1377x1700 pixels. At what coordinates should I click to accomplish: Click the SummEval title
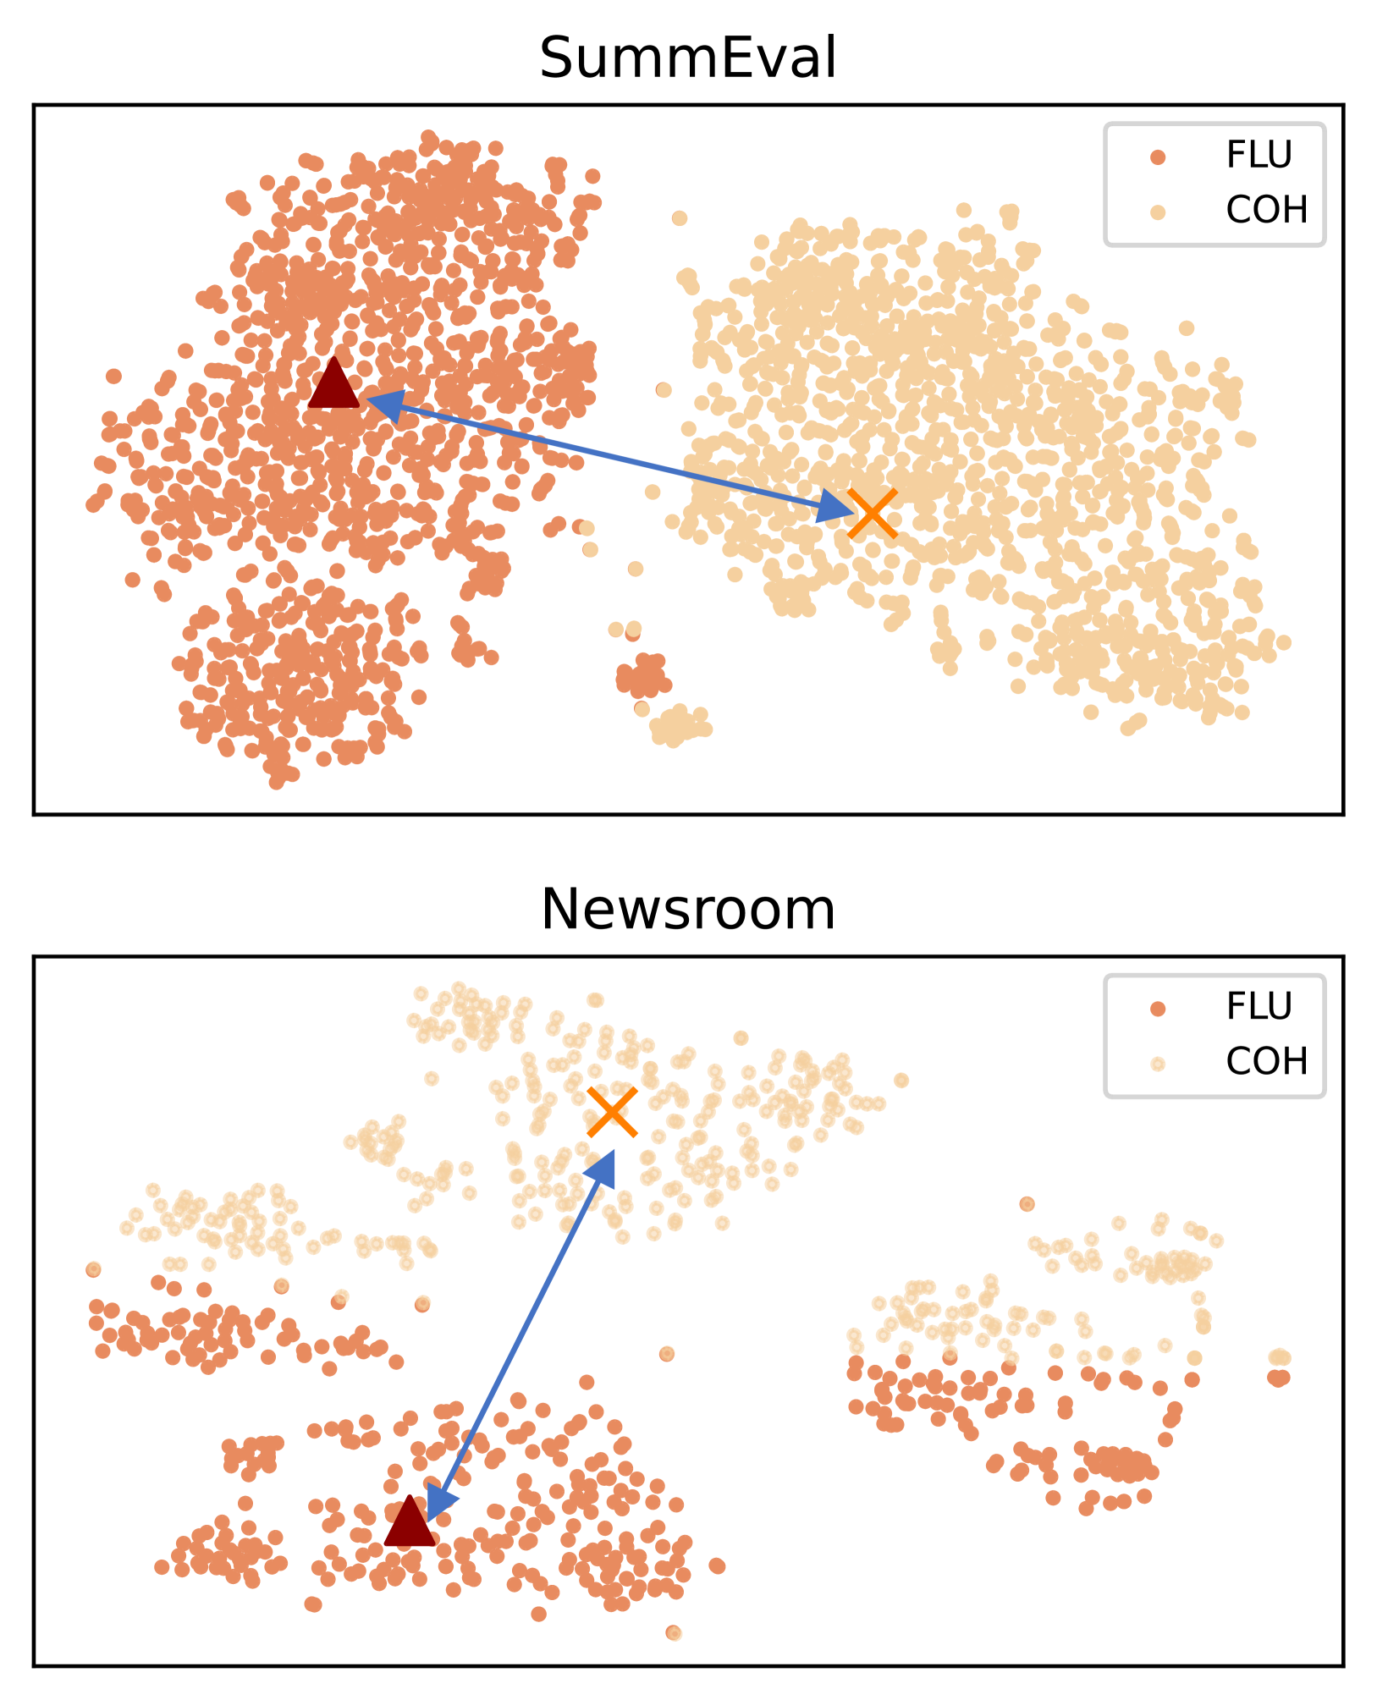[x=688, y=58]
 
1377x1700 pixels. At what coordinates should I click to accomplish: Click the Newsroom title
[x=688, y=910]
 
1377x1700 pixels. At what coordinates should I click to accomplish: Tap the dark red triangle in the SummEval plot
[x=334, y=385]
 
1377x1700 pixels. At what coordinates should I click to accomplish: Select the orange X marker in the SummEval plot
[x=872, y=514]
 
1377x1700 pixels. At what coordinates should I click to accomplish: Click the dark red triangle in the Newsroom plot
[x=410, y=1521]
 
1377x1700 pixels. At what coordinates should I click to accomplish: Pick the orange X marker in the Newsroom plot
[x=612, y=1113]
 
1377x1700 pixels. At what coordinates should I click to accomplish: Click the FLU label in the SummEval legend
[x=1259, y=155]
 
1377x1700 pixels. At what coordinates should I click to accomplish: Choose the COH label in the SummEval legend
[x=1266, y=210]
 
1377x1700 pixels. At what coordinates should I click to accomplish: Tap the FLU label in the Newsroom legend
[x=1259, y=1007]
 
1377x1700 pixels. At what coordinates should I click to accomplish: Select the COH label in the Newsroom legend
[x=1266, y=1061]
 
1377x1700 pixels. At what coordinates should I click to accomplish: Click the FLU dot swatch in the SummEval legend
[x=1158, y=157]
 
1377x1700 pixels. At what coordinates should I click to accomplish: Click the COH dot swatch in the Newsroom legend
[x=1158, y=1064]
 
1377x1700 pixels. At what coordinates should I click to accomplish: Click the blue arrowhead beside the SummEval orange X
[x=834, y=508]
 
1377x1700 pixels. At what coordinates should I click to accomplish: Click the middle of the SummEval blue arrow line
[x=607, y=455]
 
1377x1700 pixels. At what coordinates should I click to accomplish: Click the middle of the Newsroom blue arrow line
[x=521, y=1334]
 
